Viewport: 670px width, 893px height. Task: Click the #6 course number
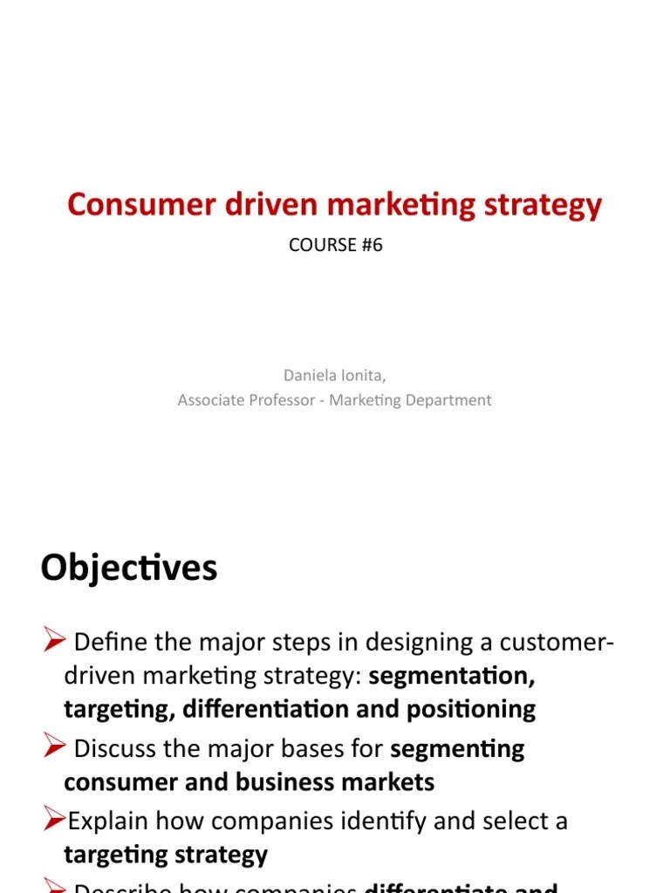pyautogui.click(x=370, y=245)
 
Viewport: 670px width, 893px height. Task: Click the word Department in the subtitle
pyautogui.click(x=449, y=400)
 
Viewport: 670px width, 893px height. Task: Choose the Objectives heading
pyautogui.click(x=129, y=569)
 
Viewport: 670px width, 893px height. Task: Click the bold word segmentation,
pyautogui.click(x=452, y=676)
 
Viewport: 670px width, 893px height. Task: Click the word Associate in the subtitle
pyautogui.click(x=211, y=400)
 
